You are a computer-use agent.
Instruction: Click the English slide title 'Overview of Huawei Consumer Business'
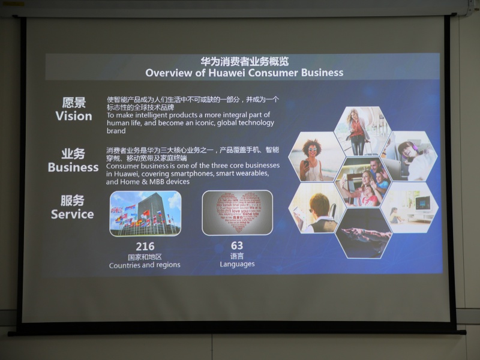[244, 73]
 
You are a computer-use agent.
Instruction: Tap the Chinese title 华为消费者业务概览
[244, 61]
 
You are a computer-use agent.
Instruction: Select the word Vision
[74, 116]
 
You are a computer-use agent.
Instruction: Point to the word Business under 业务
[73, 167]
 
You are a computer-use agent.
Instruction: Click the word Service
[72, 214]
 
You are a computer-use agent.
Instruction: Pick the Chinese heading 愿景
[74, 102]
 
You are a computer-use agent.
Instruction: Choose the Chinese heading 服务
[73, 200]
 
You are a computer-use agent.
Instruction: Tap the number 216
[145, 246]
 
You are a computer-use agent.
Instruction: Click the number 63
[237, 245]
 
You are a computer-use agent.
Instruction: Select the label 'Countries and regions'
[145, 265]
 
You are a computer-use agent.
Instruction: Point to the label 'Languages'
[237, 264]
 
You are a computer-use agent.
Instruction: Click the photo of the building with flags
[145, 213]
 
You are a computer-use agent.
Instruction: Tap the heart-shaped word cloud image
[237, 212]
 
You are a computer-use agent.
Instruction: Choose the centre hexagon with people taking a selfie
[362, 182]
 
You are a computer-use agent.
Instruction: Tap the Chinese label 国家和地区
[145, 256]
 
